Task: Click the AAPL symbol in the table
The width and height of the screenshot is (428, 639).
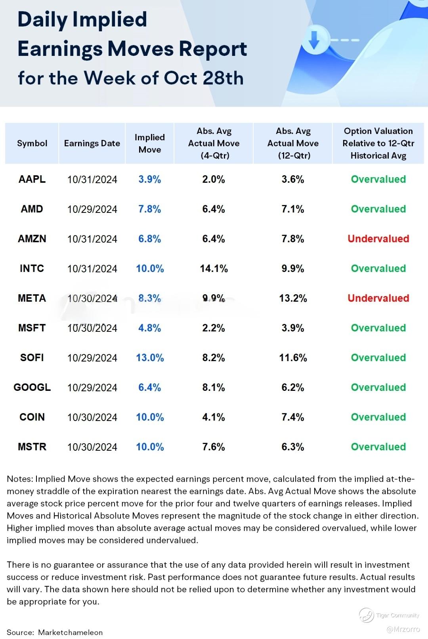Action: (x=32, y=179)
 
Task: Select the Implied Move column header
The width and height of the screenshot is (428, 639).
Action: (x=149, y=143)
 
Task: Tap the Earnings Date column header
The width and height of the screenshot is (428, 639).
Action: (x=92, y=143)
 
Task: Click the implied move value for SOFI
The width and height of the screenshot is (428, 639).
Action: (x=150, y=358)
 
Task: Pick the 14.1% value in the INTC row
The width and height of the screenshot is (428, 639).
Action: (x=214, y=268)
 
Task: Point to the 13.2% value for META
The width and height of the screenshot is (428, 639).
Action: (x=293, y=298)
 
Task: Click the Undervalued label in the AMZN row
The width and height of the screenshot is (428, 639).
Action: (x=378, y=239)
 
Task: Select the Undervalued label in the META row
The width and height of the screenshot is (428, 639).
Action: (x=378, y=298)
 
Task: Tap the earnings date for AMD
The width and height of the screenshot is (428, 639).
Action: (x=92, y=209)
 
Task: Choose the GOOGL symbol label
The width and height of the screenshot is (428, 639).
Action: (x=32, y=387)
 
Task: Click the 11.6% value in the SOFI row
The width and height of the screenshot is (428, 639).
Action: (x=293, y=358)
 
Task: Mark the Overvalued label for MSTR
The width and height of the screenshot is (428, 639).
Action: (x=378, y=447)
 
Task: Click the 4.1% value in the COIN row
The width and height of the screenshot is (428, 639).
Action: (x=214, y=417)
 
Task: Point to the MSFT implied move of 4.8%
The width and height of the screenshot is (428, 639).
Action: (x=150, y=328)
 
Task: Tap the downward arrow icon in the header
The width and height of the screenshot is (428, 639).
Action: (x=314, y=40)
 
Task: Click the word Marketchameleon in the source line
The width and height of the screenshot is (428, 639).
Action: (x=70, y=632)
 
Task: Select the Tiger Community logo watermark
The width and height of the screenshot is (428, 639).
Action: (x=366, y=615)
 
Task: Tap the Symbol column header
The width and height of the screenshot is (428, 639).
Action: (x=32, y=143)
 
